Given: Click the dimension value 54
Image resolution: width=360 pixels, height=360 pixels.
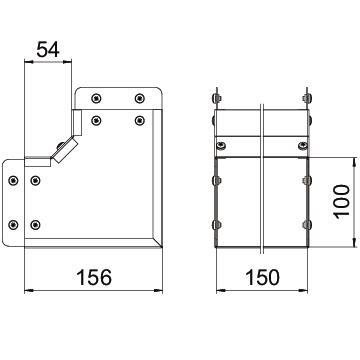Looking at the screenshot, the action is (48, 50).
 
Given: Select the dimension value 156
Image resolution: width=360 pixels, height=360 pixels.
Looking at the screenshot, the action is (94, 277).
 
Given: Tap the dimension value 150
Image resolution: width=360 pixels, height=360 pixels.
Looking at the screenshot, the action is (262, 277).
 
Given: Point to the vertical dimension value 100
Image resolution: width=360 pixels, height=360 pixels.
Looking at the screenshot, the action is (342, 202).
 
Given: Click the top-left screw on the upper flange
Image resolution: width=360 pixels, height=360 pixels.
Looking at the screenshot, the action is (96, 98).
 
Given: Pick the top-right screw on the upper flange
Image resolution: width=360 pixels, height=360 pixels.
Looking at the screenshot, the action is (139, 98).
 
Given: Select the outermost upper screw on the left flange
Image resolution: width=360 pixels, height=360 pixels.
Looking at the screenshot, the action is (13, 181).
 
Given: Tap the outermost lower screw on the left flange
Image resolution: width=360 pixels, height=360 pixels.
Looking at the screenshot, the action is (13, 225).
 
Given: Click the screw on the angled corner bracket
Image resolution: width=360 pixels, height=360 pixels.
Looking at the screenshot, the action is (61, 145).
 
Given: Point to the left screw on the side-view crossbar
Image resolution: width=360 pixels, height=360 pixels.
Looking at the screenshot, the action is (221, 146).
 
